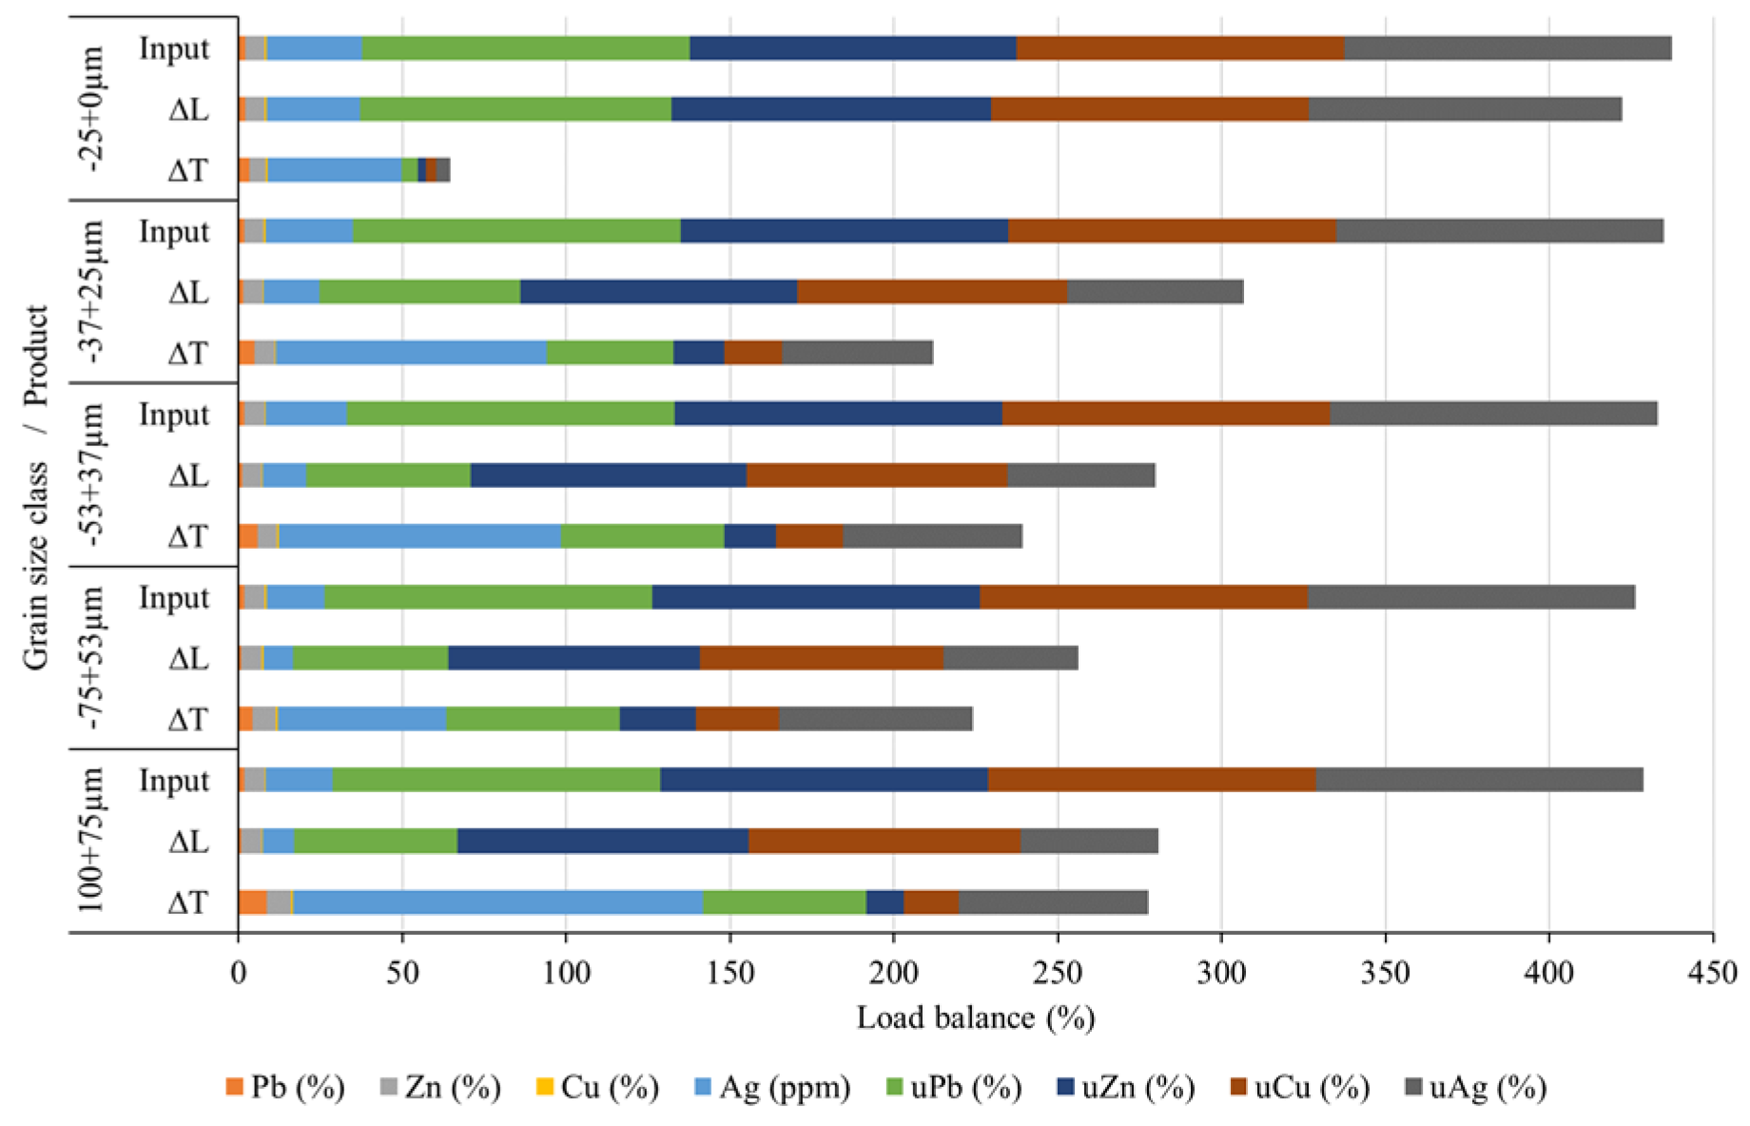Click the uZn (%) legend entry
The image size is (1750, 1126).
(x=1126, y=1087)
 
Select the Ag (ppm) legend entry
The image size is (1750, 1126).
(x=772, y=1087)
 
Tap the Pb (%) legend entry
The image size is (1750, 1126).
(x=285, y=1087)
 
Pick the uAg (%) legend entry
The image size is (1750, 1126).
(x=1475, y=1087)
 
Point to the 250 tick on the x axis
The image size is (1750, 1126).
(x=1058, y=973)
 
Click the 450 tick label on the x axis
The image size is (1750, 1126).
(x=1713, y=973)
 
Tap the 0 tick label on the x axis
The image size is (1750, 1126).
(x=239, y=973)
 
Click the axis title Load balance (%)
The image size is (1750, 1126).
(x=976, y=1019)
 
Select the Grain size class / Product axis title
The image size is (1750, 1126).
(x=36, y=487)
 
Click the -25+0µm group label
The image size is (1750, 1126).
(x=93, y=108)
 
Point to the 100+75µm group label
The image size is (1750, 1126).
(x=91, y=841)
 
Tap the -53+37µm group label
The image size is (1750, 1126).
(x=93, y=475)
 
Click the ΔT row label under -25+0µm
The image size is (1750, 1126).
(x=187, y=171)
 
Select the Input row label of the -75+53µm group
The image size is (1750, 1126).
(x=174, y=598)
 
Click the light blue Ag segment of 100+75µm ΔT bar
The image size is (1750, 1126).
(x=497, y=903)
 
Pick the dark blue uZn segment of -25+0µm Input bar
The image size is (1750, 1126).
(x=852, y=49)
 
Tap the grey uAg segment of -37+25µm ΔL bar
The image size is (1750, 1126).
(x=1155, y=292)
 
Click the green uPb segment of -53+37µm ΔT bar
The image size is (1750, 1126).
(x=642, y=536)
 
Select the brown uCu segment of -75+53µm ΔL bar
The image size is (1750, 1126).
(x=821, y=658)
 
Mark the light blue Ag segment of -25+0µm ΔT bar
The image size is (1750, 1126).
(x=335, y=170)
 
